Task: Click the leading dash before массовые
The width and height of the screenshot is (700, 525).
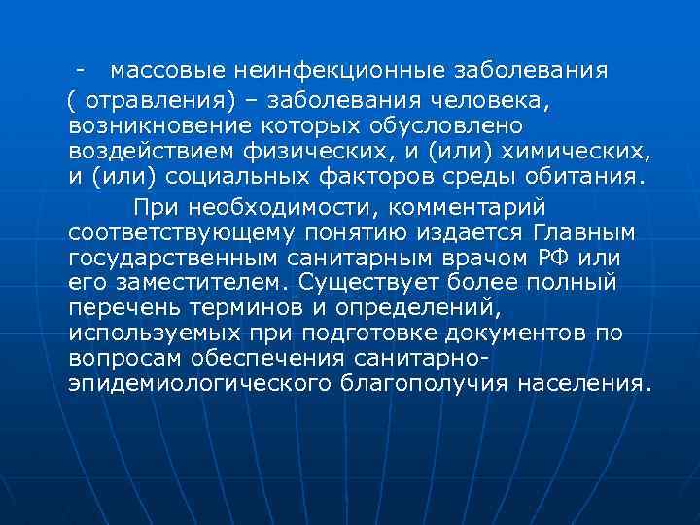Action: (x=88, y=71)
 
